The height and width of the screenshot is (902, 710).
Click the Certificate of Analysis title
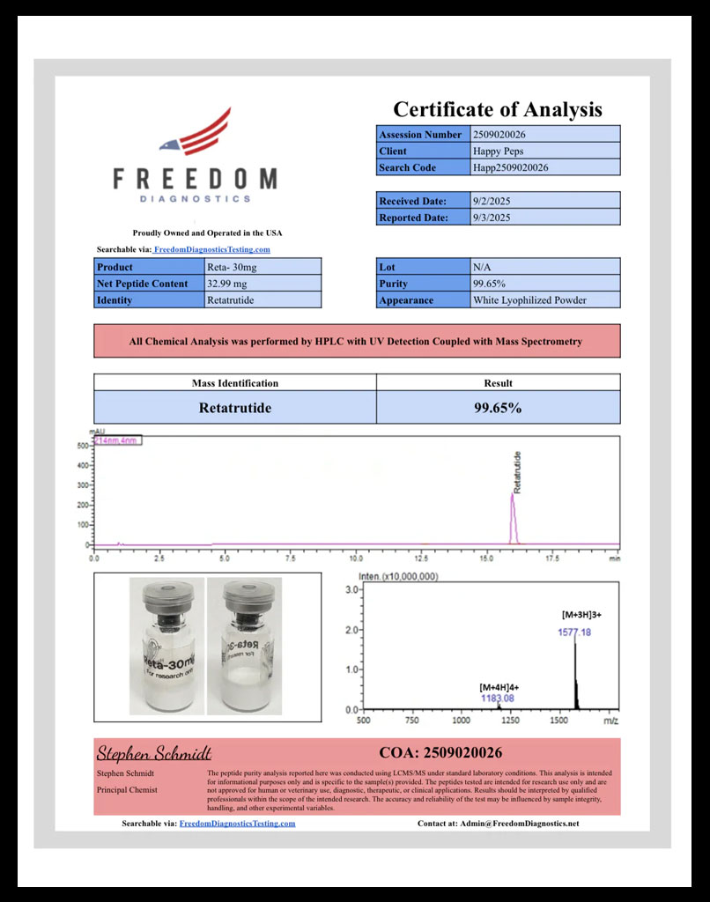(497, 109)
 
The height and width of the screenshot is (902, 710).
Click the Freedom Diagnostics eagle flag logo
(196, 133)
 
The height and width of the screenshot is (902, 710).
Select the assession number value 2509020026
(499, 135)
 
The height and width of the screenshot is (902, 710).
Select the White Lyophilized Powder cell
(529, 300)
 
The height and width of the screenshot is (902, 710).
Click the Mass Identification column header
(235, 383)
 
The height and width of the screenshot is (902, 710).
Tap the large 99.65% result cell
(498, 408)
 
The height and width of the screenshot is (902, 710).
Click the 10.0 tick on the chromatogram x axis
(357, 558)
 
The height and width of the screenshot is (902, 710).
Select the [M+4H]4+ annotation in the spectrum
(499, 686)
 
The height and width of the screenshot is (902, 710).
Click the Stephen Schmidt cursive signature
(153, 753)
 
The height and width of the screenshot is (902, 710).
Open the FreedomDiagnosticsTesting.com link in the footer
(237, 824)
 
